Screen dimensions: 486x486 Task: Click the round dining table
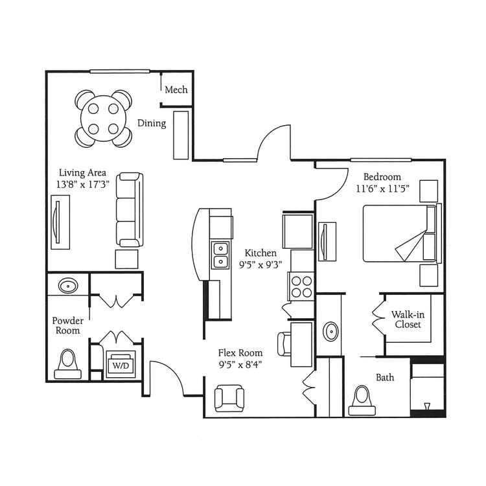[x=104, y=119]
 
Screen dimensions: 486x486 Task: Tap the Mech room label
[x=176, y=90]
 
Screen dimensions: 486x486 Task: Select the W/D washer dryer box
[x=121, y=364]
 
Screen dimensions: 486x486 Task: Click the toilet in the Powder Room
[x=67, y=364]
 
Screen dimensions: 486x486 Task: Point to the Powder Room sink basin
[x=69, y=286]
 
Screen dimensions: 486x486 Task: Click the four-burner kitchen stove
[x=301, y=286]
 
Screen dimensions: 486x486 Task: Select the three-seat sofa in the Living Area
[x=130, y=210]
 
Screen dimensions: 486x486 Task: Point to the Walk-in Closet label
[x=408, y=319]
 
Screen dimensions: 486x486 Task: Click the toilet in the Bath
[x=362, y=400]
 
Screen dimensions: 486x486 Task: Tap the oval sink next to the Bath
[x=330, y=332]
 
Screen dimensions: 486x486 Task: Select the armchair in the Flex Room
[x=229, y=399]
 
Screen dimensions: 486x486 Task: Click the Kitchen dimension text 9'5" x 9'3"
[x=260, y=265]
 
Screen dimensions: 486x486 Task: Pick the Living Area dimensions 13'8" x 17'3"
[x=83, y=185]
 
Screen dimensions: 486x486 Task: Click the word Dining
[x=152, y=123]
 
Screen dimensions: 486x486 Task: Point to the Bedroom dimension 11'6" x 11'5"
[x=382, y=189]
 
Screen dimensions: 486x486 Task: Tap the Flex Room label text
[x=240, y=353]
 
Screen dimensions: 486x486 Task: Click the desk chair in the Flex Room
[x=284, y=343]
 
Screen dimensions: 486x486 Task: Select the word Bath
[x=385, y=378]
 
